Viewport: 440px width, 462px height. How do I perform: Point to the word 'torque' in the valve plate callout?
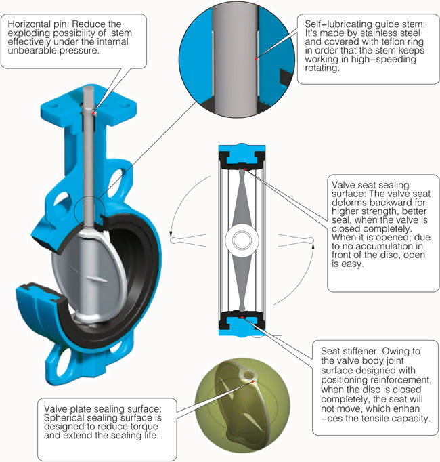pyautogui.click(x=145, y=427)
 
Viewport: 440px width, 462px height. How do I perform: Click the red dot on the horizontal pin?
pyautogui.click(x=93, y=112)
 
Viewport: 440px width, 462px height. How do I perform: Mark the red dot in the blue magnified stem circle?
pyautogui.click(x=257, y=59)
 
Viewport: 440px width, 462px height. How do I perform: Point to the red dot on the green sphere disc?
pyautogui.click(x=252, y=381)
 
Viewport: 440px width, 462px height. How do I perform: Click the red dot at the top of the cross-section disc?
pyautogui.click(x=245, y=169)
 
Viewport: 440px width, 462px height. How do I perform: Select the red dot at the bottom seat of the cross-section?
pyautogui.click(x=242, y=317)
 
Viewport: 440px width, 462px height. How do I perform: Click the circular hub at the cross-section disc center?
pyautogui.click(x=242, y=240)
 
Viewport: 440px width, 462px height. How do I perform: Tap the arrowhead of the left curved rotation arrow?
pyautogui.click(x=171, y=234)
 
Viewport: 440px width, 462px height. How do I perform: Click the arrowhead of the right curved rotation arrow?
pyautogui.click(x=313, y=245)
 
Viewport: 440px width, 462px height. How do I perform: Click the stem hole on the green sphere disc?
pyautogui.click(x=248, y=375)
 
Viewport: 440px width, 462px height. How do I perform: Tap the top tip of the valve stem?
pyautogui.click(x=89, y=87)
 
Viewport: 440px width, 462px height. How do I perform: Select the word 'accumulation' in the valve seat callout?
pyautogui.click(x=378, y=247)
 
